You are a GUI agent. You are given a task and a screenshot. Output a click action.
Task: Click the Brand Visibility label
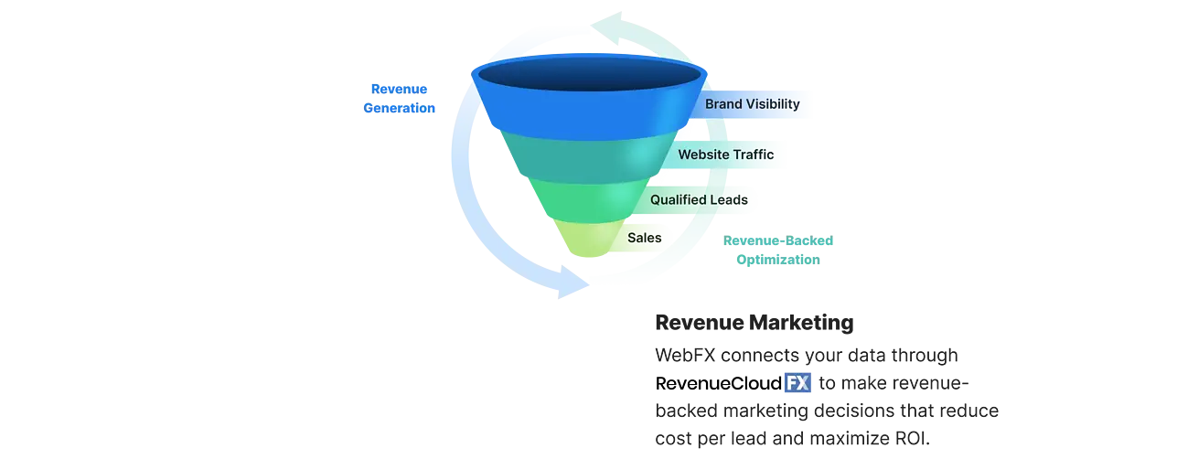(x=752, y=104)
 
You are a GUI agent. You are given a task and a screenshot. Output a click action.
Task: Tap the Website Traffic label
(x=725, y=155)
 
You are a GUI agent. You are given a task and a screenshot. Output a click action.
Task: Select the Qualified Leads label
(x=699, y=199)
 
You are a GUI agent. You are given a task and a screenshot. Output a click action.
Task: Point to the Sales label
(x=644, y=238)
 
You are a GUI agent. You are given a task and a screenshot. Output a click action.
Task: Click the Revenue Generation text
(x=399, y=98)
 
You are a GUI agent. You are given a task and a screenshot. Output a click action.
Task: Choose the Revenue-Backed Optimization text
(x=778, y=250)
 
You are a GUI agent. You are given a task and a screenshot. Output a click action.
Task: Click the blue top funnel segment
(x=589, y=112)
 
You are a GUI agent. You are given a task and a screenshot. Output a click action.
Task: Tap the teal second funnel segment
(x=589, y=160)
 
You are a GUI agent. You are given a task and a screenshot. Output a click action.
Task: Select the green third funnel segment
(x=589, y=202)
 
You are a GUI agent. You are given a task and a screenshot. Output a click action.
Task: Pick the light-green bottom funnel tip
(x=589, y=239)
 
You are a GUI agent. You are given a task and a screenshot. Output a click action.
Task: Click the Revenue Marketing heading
(x=754, y=323)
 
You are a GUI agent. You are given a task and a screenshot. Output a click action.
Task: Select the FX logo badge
(x=797, y=383)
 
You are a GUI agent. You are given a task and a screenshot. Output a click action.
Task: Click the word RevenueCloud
(x=718, y=383)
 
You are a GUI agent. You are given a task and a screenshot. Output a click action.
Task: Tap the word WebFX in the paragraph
(x=685, y=356)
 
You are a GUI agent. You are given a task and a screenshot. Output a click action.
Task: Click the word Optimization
(x=778, y=260)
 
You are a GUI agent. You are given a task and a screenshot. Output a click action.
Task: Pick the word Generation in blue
(x=399, y=108)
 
